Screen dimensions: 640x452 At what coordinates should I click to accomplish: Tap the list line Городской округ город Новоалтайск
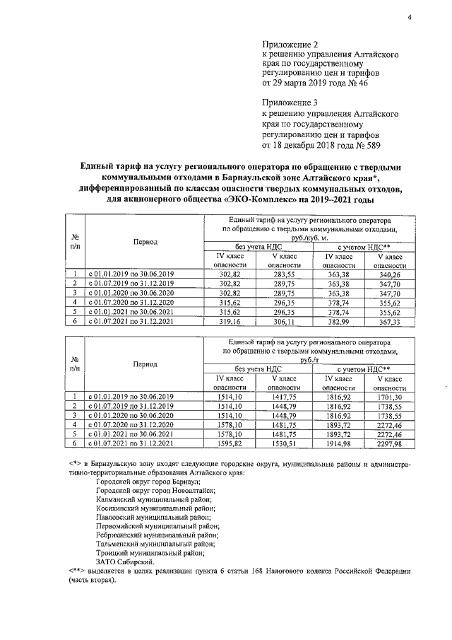coord(156,489)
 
